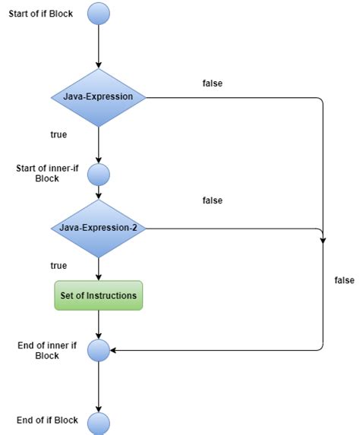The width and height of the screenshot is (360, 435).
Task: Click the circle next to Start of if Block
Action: tap(99, 14)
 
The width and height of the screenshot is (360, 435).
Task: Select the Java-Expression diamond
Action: tap(99, 97)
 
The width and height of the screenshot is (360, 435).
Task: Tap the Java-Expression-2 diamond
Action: tap(99, 228)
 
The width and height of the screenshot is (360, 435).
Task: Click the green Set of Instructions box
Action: tap(99, 295)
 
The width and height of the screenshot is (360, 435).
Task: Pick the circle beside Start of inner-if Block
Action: tap(99, 175)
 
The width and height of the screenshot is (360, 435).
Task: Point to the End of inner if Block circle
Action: tap(99, 350)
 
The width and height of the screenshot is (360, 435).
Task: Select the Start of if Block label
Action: tap(40, 14)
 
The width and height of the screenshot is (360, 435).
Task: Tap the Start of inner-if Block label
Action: tap(46, 173)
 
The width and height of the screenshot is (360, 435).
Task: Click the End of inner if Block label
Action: tap(47, 350)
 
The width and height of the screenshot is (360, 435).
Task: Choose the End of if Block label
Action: tap(47, 421)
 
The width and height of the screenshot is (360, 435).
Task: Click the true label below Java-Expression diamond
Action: tap(58, 134)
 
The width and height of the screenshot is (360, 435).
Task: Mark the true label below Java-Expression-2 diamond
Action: tap(58, 266)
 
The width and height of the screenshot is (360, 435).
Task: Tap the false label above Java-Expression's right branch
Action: tap(213, 83)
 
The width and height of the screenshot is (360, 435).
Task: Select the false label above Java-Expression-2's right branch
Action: tap(213, 200)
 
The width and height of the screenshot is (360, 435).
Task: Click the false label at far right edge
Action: tap(344, 280)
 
